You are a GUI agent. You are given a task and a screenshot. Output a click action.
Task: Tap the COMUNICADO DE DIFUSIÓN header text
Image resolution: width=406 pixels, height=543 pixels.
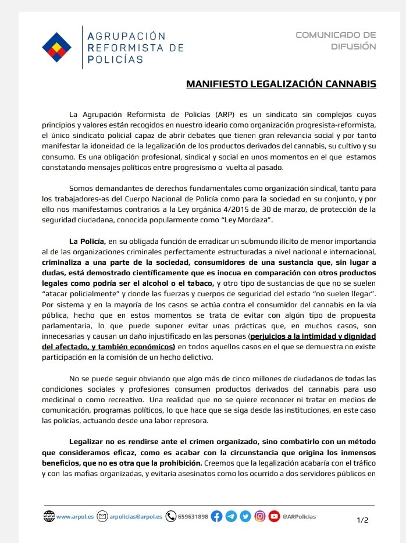tap(336, 41)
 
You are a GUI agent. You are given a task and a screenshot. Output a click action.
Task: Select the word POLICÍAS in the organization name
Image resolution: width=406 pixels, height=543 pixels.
tap(115, 58)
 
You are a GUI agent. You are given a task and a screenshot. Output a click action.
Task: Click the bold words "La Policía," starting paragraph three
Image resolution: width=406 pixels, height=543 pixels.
tap(87, 240)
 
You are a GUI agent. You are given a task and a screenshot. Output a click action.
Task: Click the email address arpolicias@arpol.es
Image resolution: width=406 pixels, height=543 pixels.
tap(136, 516)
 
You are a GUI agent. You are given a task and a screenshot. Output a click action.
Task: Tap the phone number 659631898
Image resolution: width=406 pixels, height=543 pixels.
tap(193, 516)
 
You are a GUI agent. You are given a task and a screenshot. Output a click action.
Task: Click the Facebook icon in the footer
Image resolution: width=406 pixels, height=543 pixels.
tap(217, 516)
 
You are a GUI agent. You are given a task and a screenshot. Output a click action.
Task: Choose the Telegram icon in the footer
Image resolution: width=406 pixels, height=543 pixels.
tap(231, 516)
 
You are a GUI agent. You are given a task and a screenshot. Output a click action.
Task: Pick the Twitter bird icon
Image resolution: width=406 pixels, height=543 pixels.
tap(245, 516)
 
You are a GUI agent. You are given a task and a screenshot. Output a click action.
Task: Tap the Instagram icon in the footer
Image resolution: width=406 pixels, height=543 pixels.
tap(259, 516)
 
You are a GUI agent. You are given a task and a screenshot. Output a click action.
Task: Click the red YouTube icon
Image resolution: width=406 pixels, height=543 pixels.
tap(273, 516)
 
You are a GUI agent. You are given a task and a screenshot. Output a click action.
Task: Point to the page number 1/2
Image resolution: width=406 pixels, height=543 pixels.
tap(362, 520)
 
